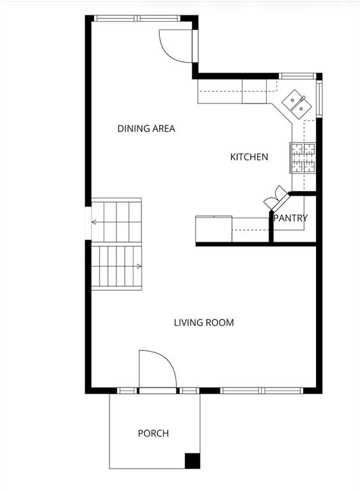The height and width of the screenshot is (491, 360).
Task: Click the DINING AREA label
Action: pos(146,129)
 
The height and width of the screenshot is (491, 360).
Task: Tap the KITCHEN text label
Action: pos(249,157)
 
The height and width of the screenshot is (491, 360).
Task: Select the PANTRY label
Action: pos(290,218)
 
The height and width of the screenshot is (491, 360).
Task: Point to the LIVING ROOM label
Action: pos(204,322)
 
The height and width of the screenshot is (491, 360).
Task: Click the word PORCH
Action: pos(153,433)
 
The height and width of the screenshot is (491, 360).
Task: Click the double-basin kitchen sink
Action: pos(297,104)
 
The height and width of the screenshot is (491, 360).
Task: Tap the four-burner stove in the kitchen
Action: pos(302,158)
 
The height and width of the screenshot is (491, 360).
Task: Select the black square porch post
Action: pos(192,460)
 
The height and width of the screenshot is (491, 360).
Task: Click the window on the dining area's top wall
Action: pos(137,19)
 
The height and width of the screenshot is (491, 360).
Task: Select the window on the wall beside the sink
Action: pos(319,98)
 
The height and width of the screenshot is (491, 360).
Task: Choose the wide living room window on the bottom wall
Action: pos(262,391)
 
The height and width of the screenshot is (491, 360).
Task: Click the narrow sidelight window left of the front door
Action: pos(127,391)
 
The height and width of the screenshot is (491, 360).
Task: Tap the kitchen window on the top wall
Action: pos(297,76)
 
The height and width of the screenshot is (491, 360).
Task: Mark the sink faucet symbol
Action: pos(303,98)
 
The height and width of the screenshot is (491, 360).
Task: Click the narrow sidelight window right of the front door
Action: pos(189,391)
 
